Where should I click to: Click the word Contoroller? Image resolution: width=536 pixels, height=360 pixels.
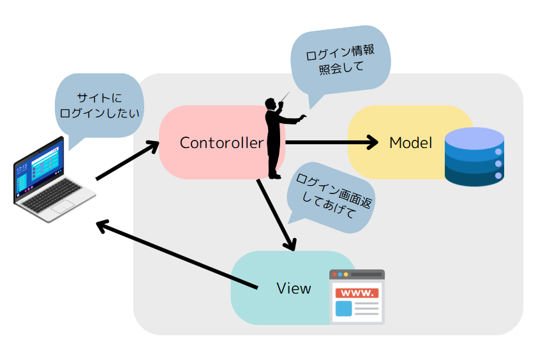click(221, 143)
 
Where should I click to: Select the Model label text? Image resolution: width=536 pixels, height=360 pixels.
click(410, 143)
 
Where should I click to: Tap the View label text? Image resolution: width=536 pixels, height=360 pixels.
click(294, 288)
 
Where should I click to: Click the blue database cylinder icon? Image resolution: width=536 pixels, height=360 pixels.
click(474, 157)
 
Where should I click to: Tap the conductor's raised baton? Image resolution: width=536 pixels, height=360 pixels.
click(285, 96)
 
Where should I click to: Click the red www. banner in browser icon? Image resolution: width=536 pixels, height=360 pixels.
click(357, 293)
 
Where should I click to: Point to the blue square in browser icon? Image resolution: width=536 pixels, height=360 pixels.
click(343, 309)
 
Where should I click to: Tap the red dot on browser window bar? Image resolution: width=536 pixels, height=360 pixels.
click(334, 274)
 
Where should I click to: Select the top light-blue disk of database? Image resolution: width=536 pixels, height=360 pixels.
click(474, 137)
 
